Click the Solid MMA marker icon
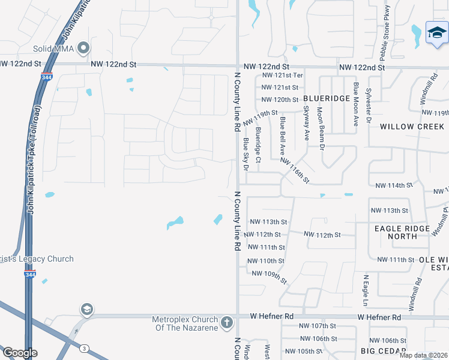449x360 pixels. point(84,47)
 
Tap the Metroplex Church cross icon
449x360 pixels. point(227,322)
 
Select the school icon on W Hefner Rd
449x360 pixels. point(86,309)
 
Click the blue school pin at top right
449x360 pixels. point(436,34)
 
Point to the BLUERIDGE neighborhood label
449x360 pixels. point(326,98)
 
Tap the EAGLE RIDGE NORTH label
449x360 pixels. point(402,232)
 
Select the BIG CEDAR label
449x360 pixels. point(384,350)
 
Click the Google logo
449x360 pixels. point(19,353)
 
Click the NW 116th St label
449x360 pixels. point(294,170)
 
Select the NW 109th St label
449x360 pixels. point(270,277)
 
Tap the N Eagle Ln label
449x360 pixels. point(365,290)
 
